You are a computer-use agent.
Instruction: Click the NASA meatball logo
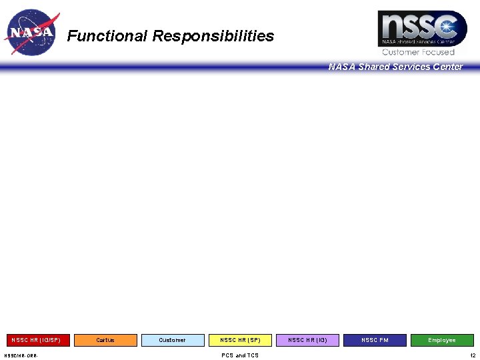pyautogui.click(x=31, y=32)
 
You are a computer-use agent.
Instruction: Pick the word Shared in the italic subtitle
pyautogui.click(x=377, y=67)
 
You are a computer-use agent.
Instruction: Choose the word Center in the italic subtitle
pyautogui.click(x=447, y=67)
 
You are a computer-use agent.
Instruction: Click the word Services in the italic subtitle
pyautogui.click(x=413, y=67)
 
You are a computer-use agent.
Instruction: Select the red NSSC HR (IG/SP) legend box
pyautogui.click(x=36, y=340)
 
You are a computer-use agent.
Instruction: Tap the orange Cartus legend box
pyautogui.click(x=105, y=340)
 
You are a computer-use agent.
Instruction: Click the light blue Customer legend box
pyautogui.click(x=173, y=340)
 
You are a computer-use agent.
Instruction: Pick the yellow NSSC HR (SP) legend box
pyautogui.click(x=240, y=340)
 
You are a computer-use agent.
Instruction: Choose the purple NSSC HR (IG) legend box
pyautogui.click(x=307, y=340)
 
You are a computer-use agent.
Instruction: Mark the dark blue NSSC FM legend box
pyautogui.click(x=375, y=340)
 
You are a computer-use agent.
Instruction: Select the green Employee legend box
pyautogui.click(x=442, y=340)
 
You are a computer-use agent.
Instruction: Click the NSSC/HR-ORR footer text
pyautogui.click(x=21, y=355)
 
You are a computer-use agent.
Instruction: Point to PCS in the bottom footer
pyautogui.click(x=227, y=355)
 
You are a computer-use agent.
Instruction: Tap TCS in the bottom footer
pyautogui.click(x=252, y=355)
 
